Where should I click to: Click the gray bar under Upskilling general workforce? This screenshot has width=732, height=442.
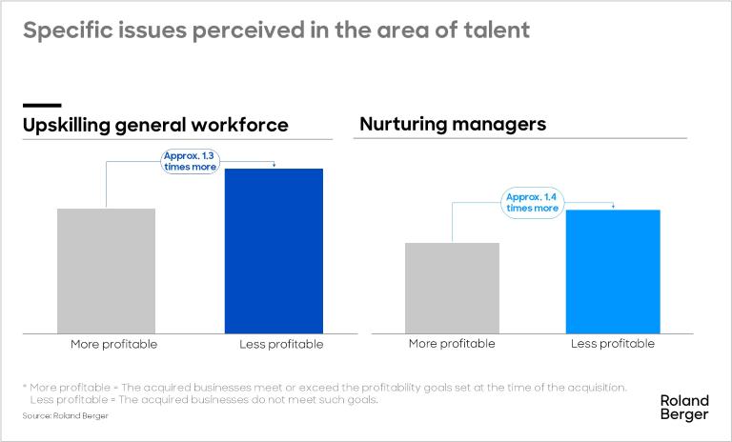pos(106,271)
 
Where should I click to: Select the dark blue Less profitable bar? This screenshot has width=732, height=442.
pos(274,251)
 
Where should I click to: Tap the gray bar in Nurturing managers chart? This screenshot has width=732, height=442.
pos(452,288)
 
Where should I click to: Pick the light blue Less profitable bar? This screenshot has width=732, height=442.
pos(613,271)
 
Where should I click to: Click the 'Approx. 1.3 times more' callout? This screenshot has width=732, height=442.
pos(191,160)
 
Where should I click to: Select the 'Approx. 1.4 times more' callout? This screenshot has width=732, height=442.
pos(532,202)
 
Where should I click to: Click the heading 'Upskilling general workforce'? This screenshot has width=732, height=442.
pos(155,125)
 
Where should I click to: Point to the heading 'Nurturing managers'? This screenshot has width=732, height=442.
pos(452,124)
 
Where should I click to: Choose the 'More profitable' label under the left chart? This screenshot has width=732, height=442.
pos(113,344)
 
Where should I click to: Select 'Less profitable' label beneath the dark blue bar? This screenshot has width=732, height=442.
pos(281,344)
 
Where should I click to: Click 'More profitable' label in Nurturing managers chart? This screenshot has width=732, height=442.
pos(452,344)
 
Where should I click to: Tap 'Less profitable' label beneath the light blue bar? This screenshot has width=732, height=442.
pos(613,344)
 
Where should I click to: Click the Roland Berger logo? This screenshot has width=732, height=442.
pos(684,408)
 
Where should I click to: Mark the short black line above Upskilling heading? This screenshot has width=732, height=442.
pos(42,105)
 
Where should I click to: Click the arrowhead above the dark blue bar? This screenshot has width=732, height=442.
pos(274,166)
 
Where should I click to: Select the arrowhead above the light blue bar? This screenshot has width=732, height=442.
pos(613,207)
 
